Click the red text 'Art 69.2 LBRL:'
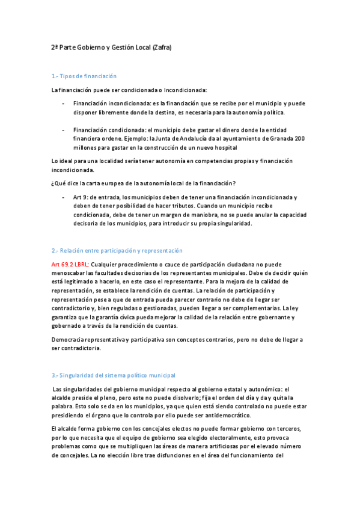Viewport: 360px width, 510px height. pos(70,265)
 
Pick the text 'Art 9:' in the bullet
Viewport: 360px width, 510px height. pos(82,197)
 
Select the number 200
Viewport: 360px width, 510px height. pos(299,138)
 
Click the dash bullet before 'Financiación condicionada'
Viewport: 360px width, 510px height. pos(64,130)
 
